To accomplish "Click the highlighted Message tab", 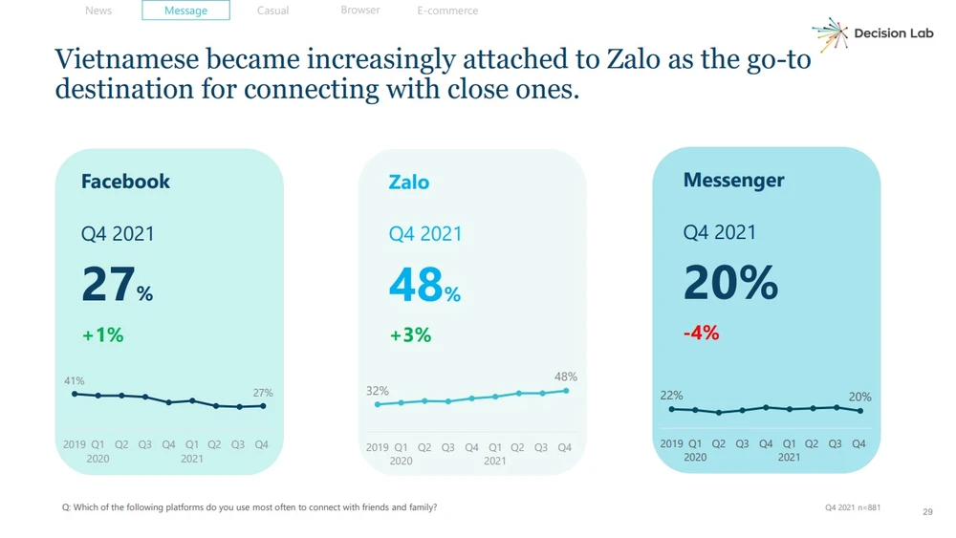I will [185, 11].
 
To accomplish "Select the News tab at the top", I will [98, 11].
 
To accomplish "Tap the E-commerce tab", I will [447, 11].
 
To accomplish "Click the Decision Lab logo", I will [872, 34].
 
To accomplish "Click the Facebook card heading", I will [125, 182].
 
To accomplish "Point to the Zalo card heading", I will [408, 182].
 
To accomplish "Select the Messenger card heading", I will [733, 180].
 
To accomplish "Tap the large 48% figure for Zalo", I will [424, 285].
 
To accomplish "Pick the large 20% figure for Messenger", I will [730, 283].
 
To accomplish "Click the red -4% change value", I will [701, 334].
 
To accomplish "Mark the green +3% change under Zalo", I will [410, 334].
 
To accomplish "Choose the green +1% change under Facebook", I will [102, 334].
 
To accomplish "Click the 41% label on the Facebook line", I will [74, 380].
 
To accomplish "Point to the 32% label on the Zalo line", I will [378, 392].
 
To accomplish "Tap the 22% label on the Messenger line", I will [671, 396].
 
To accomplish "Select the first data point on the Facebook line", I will [75, 394].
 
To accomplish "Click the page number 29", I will [926, 512].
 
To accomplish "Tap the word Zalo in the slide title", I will [639, 60].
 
